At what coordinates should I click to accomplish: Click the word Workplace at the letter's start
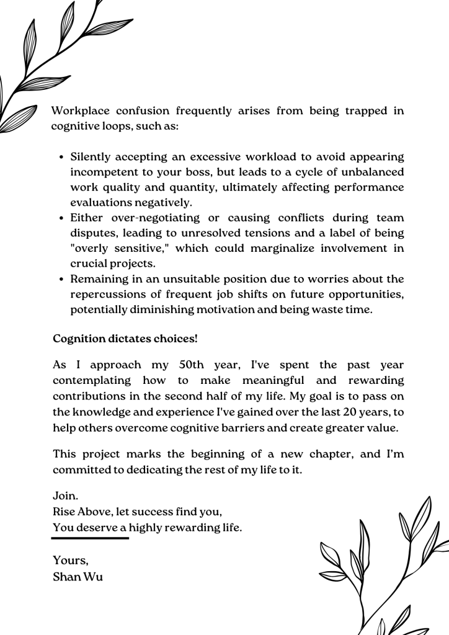(80, 112)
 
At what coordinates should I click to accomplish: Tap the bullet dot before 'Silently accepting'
(63, 158)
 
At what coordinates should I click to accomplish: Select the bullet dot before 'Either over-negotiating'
(63, 218)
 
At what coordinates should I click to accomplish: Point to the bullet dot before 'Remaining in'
(63, 279)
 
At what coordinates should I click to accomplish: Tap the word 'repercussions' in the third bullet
(107, 295)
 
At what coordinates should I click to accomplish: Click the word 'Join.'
(66, 497)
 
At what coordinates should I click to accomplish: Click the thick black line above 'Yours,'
(90, 538)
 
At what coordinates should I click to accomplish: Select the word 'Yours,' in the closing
(71, 561)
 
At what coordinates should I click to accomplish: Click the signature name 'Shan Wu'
(78, 577)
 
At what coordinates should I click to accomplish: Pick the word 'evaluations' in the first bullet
(101, 203)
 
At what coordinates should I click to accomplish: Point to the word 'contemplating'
(92, 380)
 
